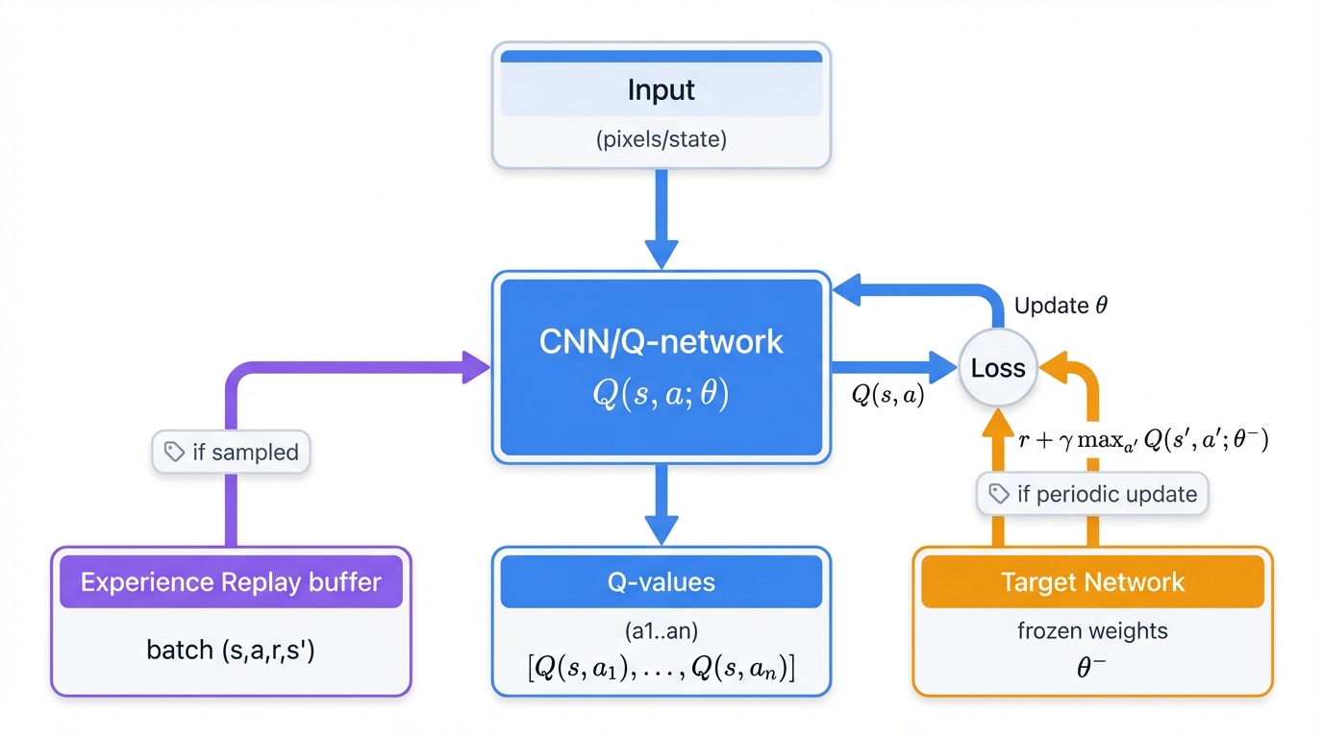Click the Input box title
(x=661, y=90)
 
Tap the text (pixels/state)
(x=661, y=139)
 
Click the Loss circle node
(x=998, y=368)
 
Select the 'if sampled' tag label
(x=231, y=452)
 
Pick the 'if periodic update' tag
(x=1092, y=494)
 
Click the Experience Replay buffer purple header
(x=231, y=581)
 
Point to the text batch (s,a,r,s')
(x=231, y=650)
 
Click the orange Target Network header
(x=1092, y=581)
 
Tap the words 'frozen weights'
(x=1092, y=631)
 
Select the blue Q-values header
(x=661, y=581)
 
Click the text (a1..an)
(x=661, y=633)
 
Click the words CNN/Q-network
(x=661, y=342)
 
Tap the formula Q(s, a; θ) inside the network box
(x=661, y=394)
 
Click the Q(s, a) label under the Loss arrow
(x=887, y=394)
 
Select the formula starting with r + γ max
(x=1143, y=441)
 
